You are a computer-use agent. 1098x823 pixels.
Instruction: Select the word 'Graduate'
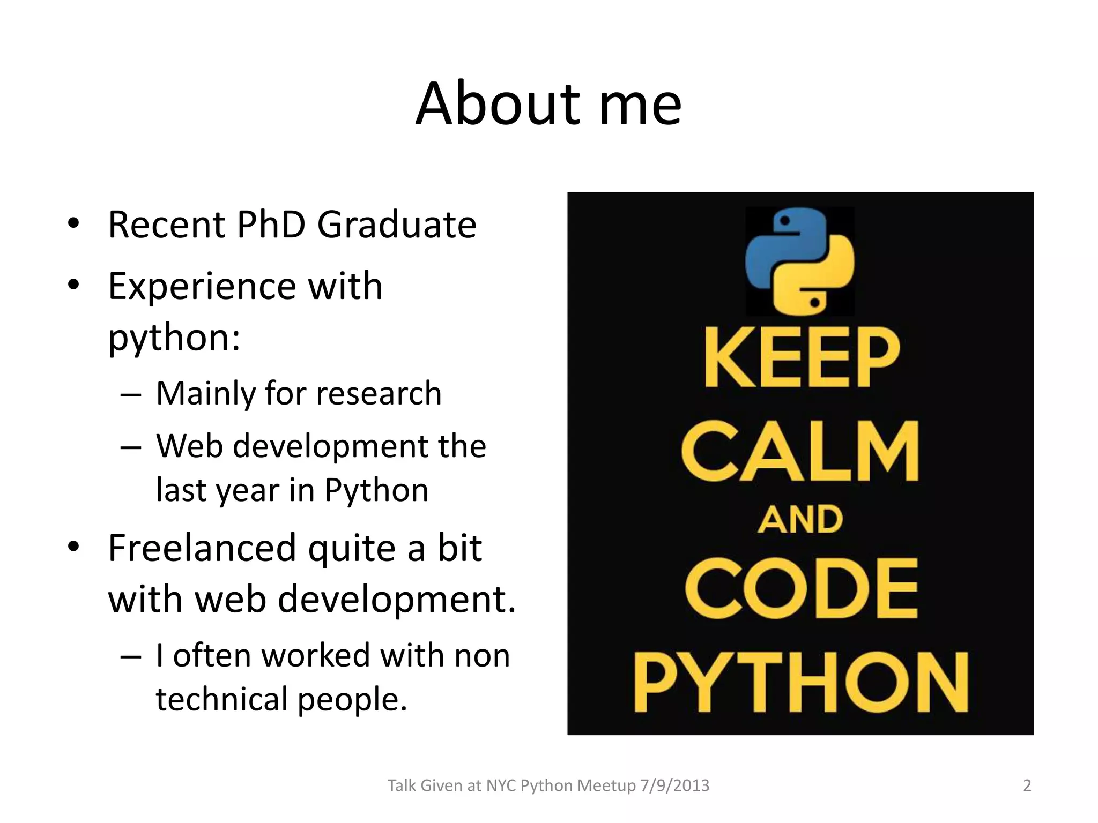point(397,225)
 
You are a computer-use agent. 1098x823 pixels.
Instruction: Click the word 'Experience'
point(201,287)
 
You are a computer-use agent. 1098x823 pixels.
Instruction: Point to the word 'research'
point(379,393)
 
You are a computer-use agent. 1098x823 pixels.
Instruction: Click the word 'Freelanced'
point(202,548)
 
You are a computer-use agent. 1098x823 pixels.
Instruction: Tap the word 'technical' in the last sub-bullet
point(221,699)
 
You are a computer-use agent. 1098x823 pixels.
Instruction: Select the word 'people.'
point(352,700)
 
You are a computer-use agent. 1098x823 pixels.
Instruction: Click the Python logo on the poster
point(800,261)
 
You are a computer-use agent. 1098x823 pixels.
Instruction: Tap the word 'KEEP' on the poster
point(802,357)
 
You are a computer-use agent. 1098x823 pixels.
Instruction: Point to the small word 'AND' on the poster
point(800,520)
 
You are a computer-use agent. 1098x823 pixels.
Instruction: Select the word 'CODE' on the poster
point(802,588)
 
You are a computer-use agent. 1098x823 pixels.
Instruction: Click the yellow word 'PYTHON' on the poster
point(802,682)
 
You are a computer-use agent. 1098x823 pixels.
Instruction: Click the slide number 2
point(1027,785)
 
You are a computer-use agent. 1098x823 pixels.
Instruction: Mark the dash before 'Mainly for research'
point(131,395)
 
